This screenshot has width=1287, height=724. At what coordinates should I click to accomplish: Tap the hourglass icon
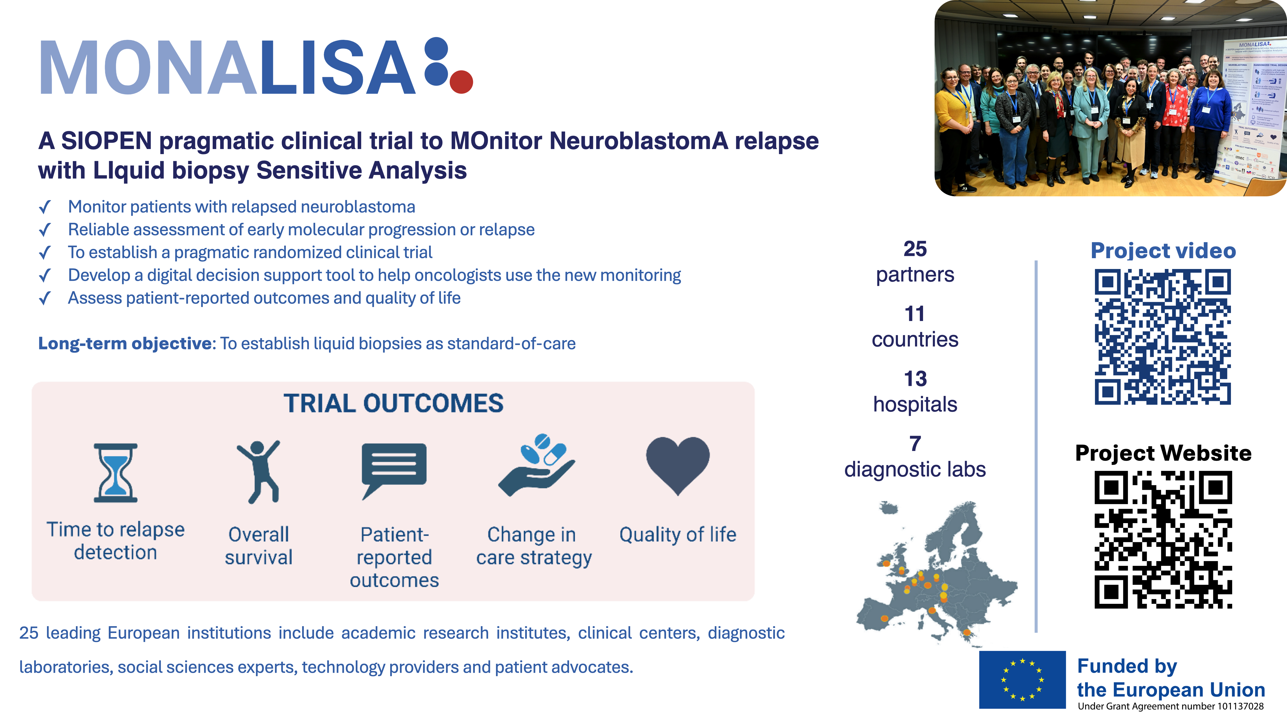pos(115,473)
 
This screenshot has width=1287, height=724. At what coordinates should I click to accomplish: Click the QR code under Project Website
pos(1163,540)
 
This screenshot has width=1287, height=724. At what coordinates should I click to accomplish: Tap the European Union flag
pos(1022,680)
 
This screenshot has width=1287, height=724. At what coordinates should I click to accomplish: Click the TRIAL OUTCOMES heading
pos(394,403)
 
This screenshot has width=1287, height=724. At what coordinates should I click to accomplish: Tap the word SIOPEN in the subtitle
pos(106,141)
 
